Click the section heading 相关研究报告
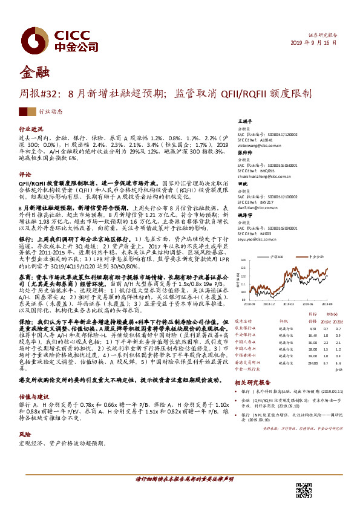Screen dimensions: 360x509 [x=249, y=383]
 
